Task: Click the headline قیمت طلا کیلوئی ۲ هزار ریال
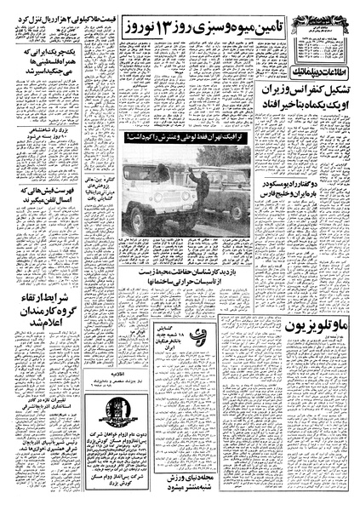click(x=52, y=14)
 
